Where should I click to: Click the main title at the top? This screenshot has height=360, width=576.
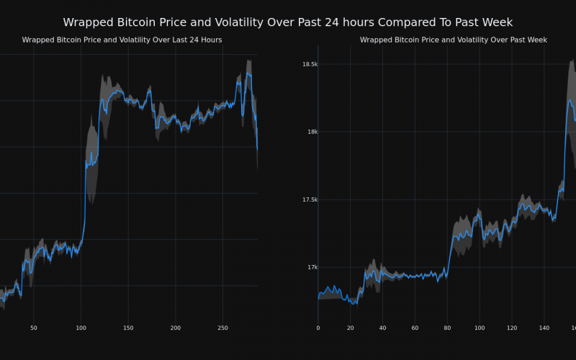[x=288, y=22]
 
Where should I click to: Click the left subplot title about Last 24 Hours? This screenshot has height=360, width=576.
[x=122, y=40]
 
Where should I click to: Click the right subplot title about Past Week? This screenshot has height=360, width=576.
[x=454, y=40]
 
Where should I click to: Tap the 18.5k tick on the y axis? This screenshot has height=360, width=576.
[x=310, y=65]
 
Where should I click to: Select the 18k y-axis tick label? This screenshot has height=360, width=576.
[x=312, y=132]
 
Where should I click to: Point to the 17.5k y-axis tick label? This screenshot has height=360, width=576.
[x=310, y=199]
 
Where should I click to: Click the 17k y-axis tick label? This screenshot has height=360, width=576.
[x=312, y=267]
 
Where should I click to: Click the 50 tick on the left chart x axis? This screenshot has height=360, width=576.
[x=34, y=328]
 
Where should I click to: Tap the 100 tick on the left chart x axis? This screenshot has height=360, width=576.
[x=81, y=328]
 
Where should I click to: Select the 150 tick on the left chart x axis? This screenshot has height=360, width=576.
[x=128, y=328]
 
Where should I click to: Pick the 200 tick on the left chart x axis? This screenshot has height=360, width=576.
[x=176, y=328]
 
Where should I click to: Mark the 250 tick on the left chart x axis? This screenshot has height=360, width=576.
[x=223, y=328]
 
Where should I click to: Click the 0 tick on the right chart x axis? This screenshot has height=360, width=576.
[x=318, y=328]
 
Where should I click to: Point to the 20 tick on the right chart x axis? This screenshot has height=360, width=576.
[x=350, y=328]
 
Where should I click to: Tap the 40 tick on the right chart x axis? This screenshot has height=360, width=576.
[x=382, y=328]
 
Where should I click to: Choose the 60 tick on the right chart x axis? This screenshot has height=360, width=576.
[x=415, y=328]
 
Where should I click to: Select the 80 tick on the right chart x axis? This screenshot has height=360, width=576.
[x=447, y=328]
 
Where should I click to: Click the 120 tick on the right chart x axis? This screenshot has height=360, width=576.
[x=512, y=328]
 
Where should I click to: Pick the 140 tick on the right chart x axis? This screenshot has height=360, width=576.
[x=544, y=328]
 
